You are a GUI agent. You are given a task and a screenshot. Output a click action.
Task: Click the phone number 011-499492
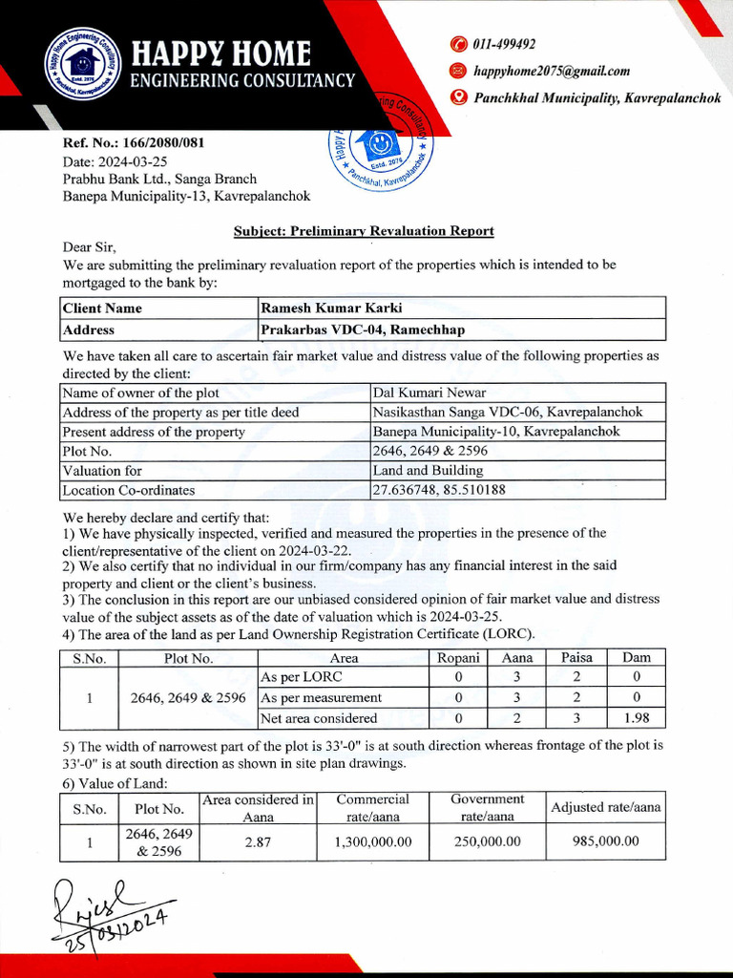[x=504, y=44]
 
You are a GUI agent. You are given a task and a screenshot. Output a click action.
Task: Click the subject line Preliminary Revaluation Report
[x=364, y=230]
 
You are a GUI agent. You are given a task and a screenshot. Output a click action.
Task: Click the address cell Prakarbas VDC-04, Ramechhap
[x=363, y=330]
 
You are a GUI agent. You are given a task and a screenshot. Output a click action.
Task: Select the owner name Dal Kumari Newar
[x=429, y=393]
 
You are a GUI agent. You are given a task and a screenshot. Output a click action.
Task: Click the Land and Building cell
[x=428, y=470]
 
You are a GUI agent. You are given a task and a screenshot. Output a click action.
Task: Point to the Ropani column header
[x=459, y=658]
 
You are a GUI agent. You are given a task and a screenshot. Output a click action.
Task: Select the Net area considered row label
[x=319, y=718]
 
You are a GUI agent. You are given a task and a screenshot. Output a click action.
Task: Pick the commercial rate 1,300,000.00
[x=373, y=841]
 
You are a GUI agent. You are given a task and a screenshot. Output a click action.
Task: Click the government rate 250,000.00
[x=488, y=841]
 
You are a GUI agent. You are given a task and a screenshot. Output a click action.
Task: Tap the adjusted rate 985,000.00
[x=605, y=841]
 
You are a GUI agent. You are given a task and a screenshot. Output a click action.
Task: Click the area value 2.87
[x=258, y=841]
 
